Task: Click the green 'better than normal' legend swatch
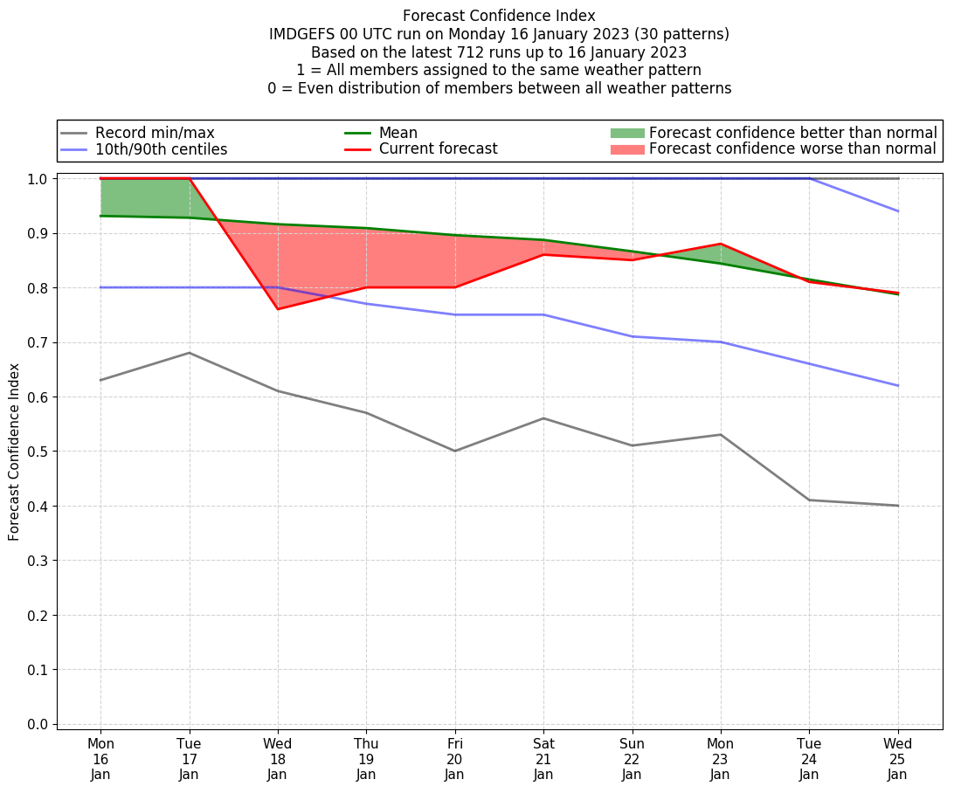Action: [x=626, y=133]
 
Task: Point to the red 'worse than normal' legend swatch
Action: [x=626, y=149]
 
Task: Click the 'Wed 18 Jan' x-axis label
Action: [x=278, y=759]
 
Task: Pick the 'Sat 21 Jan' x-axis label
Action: [x=543, y=759]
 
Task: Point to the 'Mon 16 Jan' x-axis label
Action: [x=100, y=759]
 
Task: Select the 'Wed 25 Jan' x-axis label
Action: [x=897, y=759]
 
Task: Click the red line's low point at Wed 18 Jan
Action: [x=278, y=309]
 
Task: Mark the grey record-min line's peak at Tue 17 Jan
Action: [x=190, y=353]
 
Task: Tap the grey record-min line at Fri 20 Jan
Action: [x=455, y=451]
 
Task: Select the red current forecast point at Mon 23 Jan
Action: [x=721, y=244]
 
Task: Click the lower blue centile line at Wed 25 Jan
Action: [x=897, y=385]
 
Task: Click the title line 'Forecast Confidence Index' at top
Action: [x=499, y=16]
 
